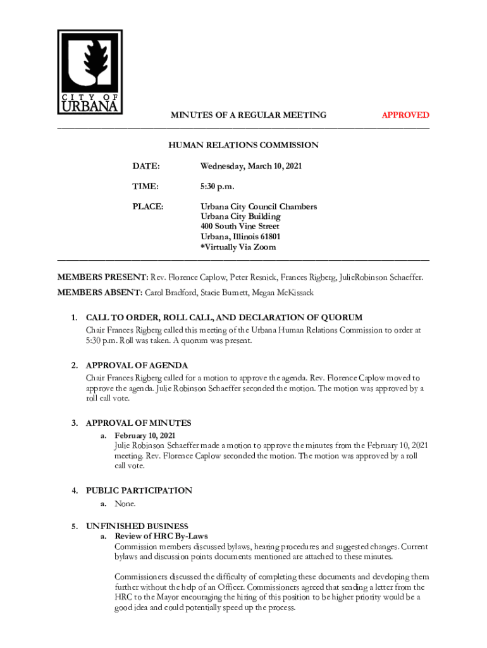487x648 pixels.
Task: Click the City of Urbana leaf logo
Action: (x=90, y=71)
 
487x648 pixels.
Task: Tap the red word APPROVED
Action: (x=405, y=115)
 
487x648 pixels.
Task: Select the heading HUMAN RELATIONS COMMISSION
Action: (x=244, y=145)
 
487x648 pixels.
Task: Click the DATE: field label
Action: (x=145, y=166)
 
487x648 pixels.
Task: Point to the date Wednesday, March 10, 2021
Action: (x=251, y=166)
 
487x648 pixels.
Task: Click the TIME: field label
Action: (x=145, y=186)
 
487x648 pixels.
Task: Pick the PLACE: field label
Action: (x=148, y=206)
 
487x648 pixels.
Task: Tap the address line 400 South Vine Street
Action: (x=240, y=227)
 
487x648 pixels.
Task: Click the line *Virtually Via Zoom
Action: (x=238, y=247)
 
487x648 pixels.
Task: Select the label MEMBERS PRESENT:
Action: (x=102, y=277)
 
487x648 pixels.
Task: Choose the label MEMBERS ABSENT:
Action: (x=100, y=292)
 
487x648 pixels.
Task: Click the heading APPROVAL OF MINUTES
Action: (x=139, y=423)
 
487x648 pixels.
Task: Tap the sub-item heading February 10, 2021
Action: (x=145, y=435)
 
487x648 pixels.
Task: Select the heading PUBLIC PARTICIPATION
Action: (x=139, y=490)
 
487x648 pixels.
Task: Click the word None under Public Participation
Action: (x=125, y=504)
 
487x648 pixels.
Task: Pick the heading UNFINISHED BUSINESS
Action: (x=137, y=526)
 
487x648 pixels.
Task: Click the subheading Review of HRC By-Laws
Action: (x=161, y=536)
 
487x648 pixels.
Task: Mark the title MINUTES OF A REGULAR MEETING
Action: (x=249, y=115)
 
